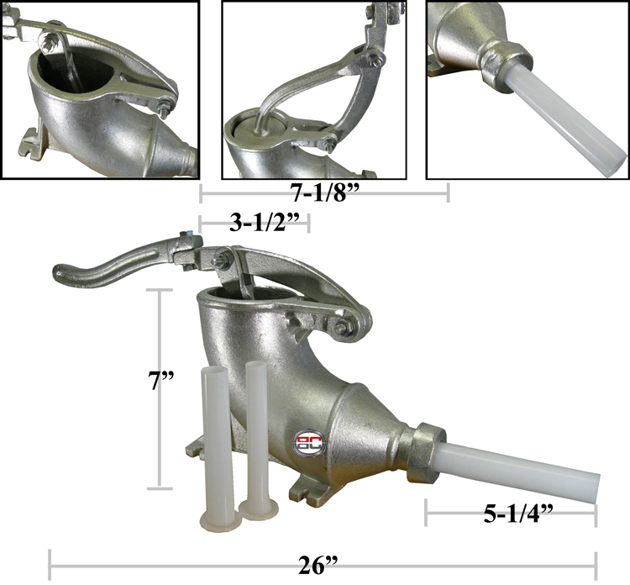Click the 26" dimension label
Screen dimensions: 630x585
(x=318, y=566)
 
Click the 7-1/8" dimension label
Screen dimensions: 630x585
(x=324, y=192)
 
